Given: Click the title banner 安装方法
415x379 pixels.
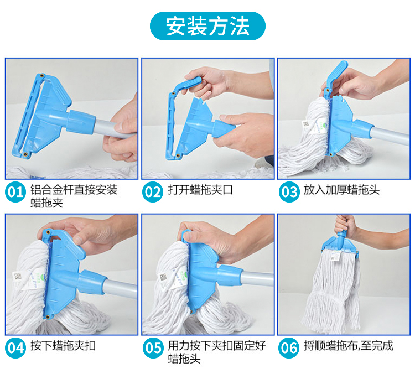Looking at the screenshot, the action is coord(207,26).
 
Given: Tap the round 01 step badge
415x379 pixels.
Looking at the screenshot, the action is coord(15,192).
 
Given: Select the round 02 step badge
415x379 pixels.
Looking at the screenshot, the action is coord(153,192).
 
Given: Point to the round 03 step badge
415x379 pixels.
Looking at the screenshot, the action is coord(289,192).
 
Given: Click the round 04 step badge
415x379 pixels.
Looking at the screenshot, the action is coord(15,348).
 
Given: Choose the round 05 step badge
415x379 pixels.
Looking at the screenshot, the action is coord(153,348).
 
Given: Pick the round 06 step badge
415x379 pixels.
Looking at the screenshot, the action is coord(288,348).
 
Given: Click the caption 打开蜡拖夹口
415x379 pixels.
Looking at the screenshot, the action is coord(200,190).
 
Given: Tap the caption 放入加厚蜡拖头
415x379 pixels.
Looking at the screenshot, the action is coord(341,190).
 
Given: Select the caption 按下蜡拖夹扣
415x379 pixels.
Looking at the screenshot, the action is coord(63,346).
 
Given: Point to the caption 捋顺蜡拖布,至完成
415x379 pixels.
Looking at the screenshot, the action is coord(348,346).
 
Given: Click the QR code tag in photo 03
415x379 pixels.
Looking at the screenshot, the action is coord(306,124).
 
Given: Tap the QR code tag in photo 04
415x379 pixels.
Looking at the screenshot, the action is coord(18,277).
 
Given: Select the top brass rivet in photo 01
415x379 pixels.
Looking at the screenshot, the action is coord(41,76).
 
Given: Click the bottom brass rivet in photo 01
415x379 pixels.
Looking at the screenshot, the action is coord(25,154).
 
